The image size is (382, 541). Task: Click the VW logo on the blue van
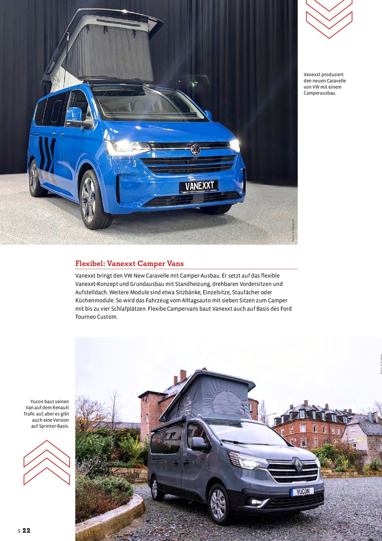pos(195,150)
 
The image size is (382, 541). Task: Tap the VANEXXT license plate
pos(199,186)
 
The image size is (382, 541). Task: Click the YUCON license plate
pos(302,492)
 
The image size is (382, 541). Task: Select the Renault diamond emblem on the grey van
pos(298,465)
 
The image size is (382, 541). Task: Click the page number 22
pos(26,530)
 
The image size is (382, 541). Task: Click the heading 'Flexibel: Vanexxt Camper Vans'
pos(129,263)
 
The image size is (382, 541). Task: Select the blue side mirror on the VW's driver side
pos(74,114)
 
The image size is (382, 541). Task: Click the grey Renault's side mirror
pos(198,444)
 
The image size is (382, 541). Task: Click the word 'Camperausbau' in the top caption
pos(319,93)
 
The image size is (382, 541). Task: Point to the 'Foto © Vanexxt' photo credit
pos(293,230)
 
